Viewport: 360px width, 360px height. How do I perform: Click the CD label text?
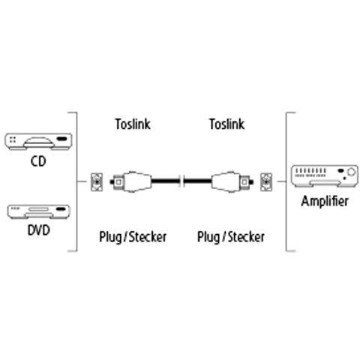click(x=38, y=161)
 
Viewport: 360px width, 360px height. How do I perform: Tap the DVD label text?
click(x=39, y=230)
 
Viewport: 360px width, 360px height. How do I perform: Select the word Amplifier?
click(x=325, y=201)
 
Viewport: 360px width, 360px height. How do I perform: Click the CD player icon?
click(x=38, y=142)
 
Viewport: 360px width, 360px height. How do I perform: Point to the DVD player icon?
click(x=38, y=211)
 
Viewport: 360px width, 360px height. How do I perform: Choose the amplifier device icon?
click(x=325, y=176)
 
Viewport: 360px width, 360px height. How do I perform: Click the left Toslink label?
click(x=133, y=124)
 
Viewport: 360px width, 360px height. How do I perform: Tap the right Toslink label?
click(x=226, y=124)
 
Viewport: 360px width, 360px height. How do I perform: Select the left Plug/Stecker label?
click(x=133, y=237)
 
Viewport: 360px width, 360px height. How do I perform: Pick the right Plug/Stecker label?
click(x=231, y=237)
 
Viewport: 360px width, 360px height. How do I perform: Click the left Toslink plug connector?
click(x=130, y=181)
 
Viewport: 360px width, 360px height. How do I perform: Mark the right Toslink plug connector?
click(x=232, y=181)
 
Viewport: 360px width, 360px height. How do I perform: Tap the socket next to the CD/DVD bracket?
click(x=97, y=182)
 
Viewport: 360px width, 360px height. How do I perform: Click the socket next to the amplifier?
click(x=266, y=182)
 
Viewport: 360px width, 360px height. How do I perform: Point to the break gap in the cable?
click(x=181, y=181)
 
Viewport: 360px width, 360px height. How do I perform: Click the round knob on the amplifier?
click(x=352, y=172)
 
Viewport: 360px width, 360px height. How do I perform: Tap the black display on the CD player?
click(x=62, y=139)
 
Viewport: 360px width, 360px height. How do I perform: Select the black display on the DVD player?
click(x=61, y=209)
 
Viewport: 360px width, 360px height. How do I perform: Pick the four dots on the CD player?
click(x=13, y=139)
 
